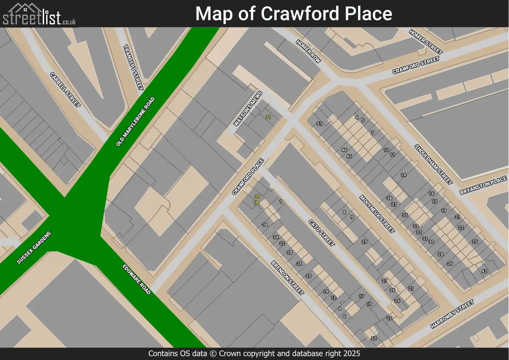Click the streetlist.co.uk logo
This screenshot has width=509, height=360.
point(39,14)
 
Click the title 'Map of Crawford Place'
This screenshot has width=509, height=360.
point(293,14)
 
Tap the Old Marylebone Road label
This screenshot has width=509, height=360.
point(135,122)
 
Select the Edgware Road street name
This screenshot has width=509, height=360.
point(136,279)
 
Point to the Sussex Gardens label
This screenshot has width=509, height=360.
point(34,247)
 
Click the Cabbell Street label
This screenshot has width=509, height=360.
point(65,89)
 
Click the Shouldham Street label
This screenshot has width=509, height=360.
point(433,164)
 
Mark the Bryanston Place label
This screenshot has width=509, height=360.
point(483,186)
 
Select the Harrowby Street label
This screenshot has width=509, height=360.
point(453,314)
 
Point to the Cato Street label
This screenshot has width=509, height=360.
point(321,232)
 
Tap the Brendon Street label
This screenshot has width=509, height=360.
point(287,278)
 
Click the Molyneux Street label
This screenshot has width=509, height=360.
point(377,214)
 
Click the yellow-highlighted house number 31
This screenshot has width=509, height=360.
point(268,117)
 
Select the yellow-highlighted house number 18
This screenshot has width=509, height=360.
point(256,202)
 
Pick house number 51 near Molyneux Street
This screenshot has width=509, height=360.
point(319,124)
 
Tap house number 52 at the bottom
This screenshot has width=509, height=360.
point(374,338)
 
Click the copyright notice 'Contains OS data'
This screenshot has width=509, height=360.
point(254,354)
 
